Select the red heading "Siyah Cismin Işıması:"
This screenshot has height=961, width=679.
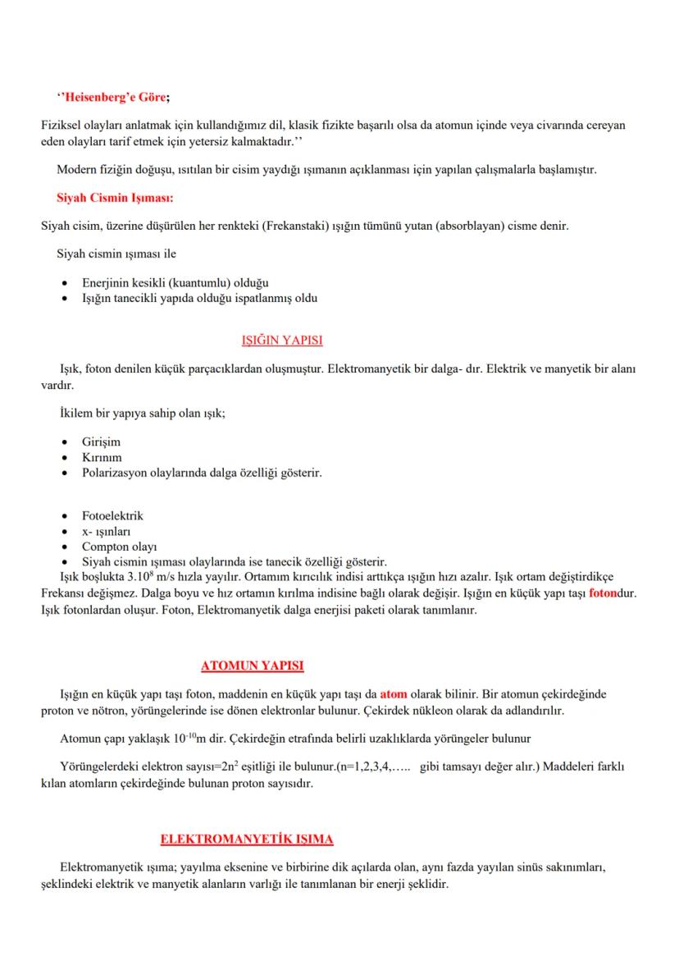click(x=115, y=198)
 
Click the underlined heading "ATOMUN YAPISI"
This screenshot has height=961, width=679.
click(x=253, y=664)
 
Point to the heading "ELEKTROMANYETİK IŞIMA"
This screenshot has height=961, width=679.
click(x=247, y=840)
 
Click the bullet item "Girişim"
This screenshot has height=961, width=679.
click(x=101, y=442)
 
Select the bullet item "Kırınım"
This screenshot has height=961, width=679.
click(x=102, y=458)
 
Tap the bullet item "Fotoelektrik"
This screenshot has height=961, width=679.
click(x=112, y=516)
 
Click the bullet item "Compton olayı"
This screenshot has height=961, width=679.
click(x=119, y=547)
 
